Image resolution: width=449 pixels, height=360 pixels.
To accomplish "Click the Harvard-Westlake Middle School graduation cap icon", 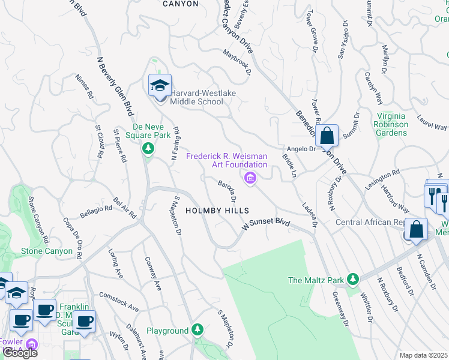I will tap(160, 86).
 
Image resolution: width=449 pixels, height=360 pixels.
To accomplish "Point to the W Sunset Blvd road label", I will tap(266, 226).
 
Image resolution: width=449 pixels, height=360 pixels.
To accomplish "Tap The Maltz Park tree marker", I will tap(354, 279).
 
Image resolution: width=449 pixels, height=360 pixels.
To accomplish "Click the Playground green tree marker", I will tap(197, 330).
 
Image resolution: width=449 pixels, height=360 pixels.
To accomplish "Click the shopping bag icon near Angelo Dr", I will tap(327, 136).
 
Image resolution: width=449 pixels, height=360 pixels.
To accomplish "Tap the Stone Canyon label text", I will tap(41, 251).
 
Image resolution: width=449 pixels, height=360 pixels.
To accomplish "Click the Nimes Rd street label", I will tap(85, 87).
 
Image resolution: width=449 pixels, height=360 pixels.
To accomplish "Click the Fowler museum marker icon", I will tap(32, 344).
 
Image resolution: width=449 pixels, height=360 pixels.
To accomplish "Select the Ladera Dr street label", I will tap(309, 214).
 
